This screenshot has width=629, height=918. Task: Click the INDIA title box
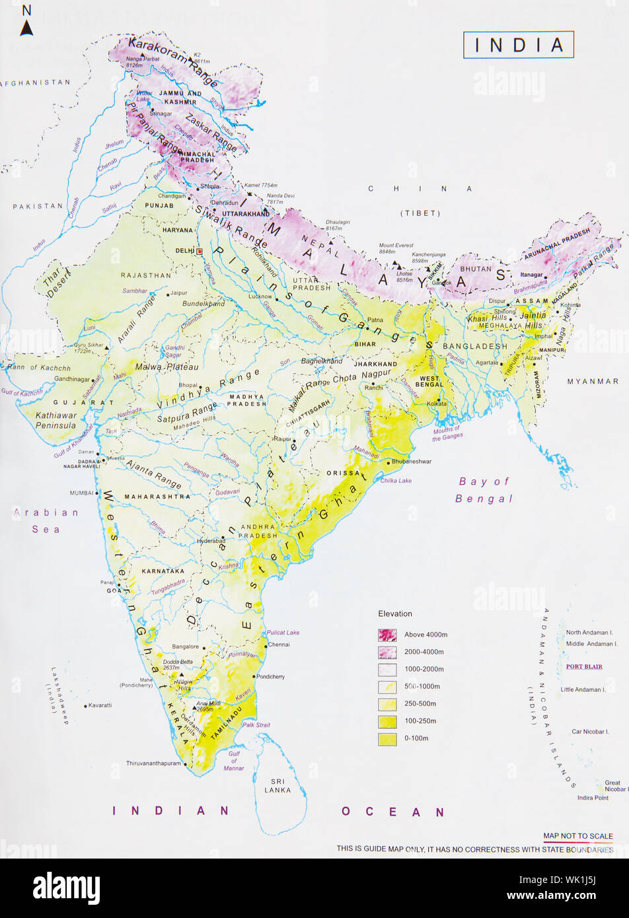tap(519, 45)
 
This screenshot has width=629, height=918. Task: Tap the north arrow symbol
tap(26, 28)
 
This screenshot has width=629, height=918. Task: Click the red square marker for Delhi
tap(200, 251)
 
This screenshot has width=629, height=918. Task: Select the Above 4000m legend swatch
tap(387, 635)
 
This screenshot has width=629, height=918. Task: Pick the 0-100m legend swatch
tap(387, 738)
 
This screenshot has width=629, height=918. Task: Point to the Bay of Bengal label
tap(484, 490)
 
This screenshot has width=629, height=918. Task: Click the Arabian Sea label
tap(46, 520)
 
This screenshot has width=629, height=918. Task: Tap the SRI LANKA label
tap(277, 785)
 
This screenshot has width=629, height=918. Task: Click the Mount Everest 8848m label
tap(396, 248)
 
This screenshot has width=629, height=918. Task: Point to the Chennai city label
tap(279, 644)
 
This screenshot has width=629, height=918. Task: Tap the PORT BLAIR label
tap(583, 666)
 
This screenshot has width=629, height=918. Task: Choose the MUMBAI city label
tap(82, 493)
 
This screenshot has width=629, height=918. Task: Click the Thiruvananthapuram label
tap(153, 763)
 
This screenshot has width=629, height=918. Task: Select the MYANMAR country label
tap(593, 381)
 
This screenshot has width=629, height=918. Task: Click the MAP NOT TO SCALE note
tap(577, 836)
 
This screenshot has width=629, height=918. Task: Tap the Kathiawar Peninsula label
tap(56, 421)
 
